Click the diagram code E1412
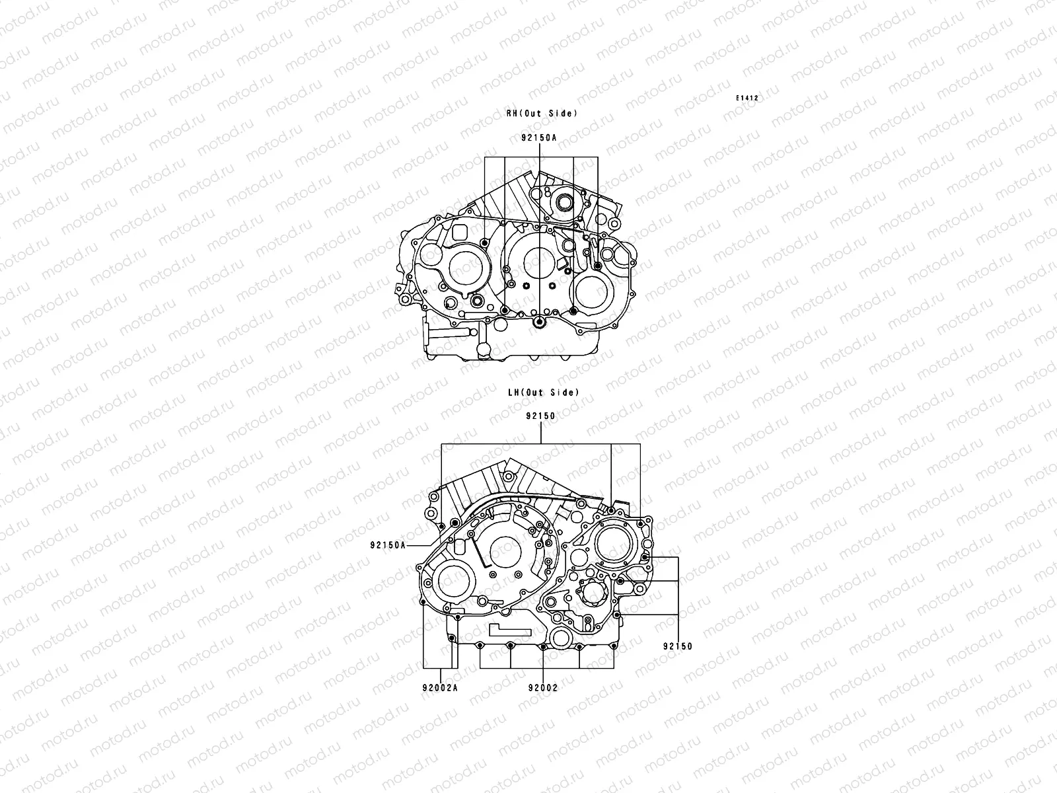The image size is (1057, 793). (x=748, y=98)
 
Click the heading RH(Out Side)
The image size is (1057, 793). (x=542, y=114)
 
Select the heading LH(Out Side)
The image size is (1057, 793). (x=543, y=393)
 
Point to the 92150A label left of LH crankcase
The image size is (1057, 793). (x=387, y=545)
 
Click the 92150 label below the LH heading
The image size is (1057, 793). (x=540, y=416)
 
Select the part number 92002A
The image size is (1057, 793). (x=441, y=687)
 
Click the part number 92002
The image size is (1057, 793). (x=542, y=687)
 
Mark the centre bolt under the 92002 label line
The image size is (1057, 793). (x=542, y=647)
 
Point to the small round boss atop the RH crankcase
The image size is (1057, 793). (x=564, y=201)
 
